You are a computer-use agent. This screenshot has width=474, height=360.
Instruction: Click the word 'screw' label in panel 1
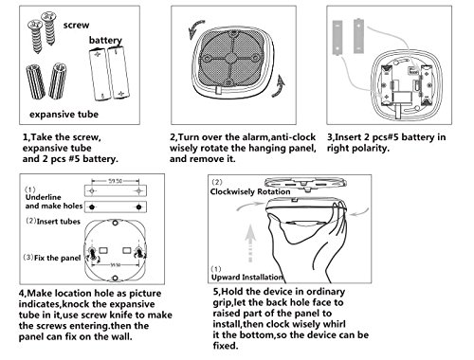[x=76, y=25]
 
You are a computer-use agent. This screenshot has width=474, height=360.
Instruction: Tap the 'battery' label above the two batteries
[x=105, y=40]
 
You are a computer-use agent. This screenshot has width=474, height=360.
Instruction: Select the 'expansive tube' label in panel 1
[x=64, y=114]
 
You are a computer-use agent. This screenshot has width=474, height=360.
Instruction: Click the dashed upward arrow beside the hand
[x=250, y=243]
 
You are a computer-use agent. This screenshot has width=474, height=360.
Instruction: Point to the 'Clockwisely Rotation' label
[x=250, y=191]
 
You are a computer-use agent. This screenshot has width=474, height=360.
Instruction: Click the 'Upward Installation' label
[x=246, y=278]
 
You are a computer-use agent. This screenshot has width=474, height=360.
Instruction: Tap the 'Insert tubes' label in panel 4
[x=59, y=222]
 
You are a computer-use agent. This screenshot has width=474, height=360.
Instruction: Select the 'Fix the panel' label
[x=58, y=258]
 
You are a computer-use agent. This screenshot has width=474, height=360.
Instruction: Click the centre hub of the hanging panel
[x=231, y=58]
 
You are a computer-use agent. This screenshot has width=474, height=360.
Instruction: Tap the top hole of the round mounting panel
[x=116, y=223]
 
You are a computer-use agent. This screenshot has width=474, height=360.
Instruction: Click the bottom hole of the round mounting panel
[x=116, y=279]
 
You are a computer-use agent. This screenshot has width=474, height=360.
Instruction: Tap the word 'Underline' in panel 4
[x=44, y=197]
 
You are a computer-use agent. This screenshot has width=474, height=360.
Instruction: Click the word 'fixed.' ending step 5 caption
[x=226, y=346]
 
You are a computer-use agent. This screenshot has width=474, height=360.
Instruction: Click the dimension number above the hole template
[x=115, y=181]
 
